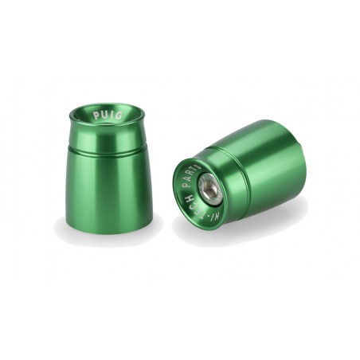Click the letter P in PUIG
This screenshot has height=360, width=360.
[x=95, y=115]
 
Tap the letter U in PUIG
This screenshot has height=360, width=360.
[x=103, y=115]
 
